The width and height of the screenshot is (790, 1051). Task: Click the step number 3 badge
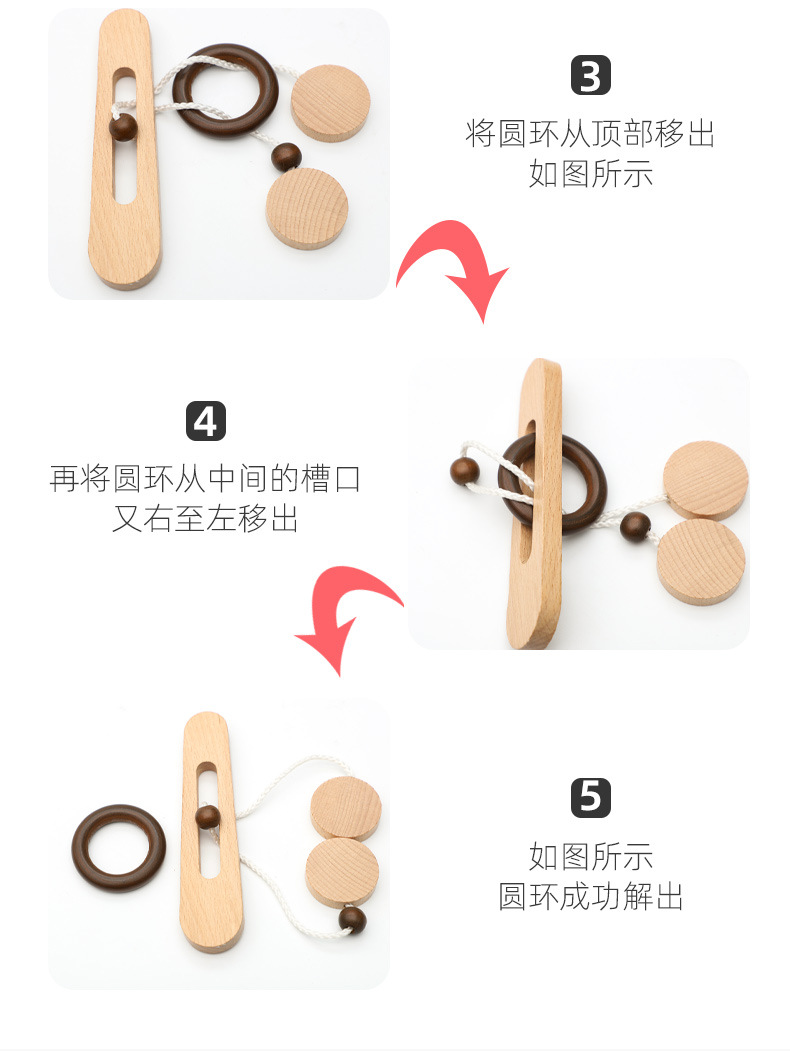[590, 77]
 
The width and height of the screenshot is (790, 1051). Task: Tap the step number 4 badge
[206, 421]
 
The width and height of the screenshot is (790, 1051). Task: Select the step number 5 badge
[590, 798]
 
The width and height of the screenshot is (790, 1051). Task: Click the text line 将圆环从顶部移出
[590, 133]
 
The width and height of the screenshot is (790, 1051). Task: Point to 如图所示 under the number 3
[590, 173]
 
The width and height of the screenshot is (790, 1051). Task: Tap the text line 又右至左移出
[205, 519]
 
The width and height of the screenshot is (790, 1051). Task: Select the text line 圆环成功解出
[590, 896]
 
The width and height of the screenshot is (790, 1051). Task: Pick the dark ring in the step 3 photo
[225, 90]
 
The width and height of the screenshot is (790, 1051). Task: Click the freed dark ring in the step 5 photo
[118, 849]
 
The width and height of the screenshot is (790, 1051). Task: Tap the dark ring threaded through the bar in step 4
[553, 483]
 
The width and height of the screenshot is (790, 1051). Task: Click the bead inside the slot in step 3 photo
[123, 128]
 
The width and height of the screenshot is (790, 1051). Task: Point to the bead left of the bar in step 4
[464, 470]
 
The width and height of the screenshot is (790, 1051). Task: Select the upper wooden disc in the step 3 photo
[331, 103]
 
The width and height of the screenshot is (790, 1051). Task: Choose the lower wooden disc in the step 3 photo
[307, 208]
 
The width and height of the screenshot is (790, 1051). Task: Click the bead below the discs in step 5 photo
[352, 918]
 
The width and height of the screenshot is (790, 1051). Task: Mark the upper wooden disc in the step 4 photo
[705, 481]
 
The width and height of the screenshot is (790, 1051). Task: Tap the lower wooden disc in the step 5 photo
[342, 870]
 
